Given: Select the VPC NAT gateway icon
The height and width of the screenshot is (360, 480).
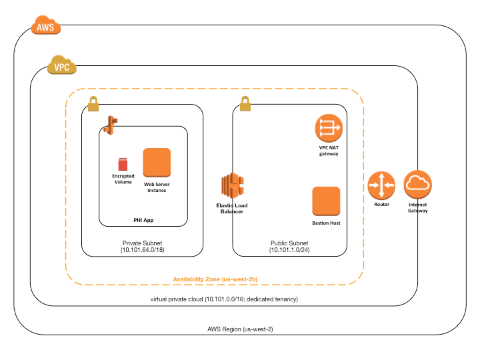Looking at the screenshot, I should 328,127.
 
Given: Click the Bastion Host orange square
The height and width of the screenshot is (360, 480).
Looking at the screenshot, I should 326,201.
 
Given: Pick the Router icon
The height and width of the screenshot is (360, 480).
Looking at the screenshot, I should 381,185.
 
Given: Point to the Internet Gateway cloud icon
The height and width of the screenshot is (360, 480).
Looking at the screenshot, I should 418,185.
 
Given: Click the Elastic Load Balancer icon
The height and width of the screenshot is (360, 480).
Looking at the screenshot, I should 231,185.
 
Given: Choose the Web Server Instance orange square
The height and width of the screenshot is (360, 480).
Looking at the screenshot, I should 157,162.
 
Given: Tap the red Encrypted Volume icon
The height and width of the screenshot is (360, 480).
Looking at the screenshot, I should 122,164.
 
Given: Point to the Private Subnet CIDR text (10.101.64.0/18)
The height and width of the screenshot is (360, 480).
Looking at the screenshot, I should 142,249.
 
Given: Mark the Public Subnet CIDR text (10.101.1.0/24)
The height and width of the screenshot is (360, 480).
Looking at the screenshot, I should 289,249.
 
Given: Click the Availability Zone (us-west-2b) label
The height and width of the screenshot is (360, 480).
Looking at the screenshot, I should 214,278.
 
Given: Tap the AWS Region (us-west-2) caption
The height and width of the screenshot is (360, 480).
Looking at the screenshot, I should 240,330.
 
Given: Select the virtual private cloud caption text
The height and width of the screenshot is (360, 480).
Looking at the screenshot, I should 223,300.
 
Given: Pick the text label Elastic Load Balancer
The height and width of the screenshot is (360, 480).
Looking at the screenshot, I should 231,208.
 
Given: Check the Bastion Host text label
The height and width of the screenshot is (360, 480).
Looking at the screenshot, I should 326,223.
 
